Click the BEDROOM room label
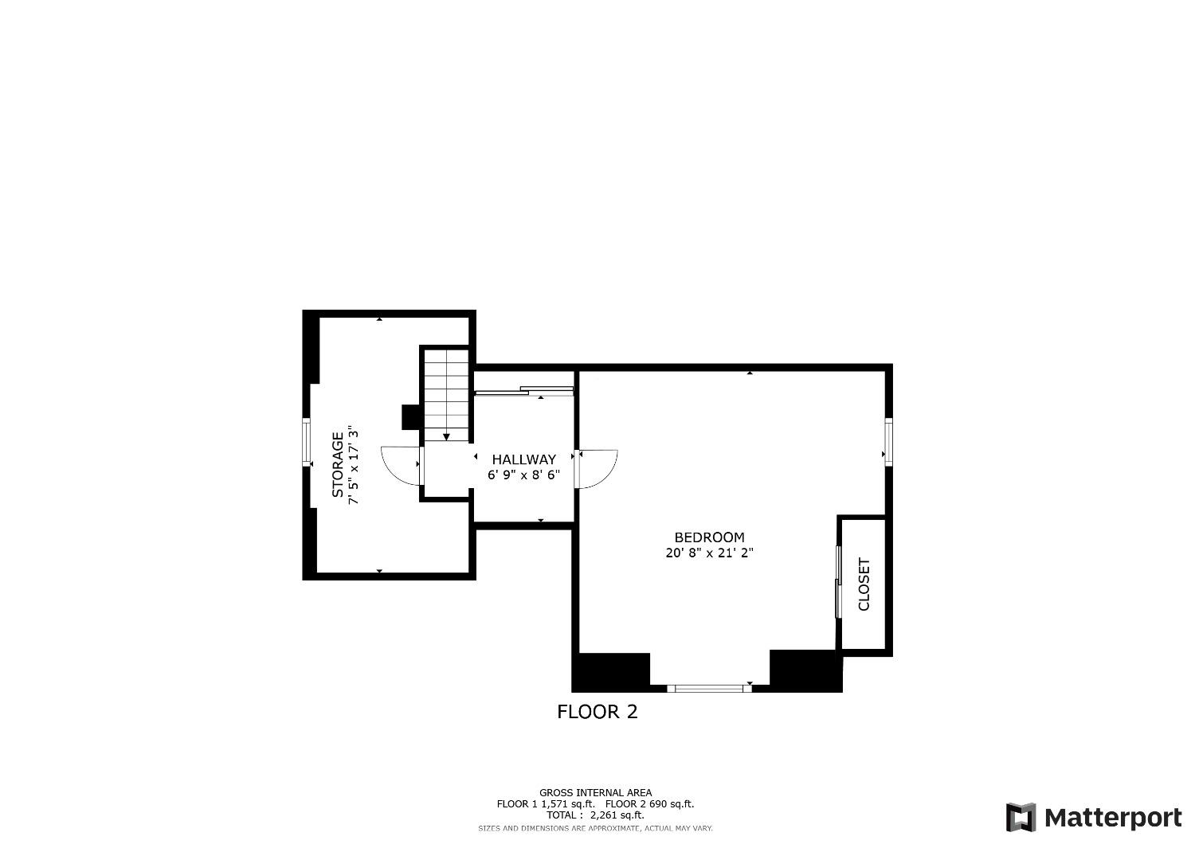click(x=709, y=537)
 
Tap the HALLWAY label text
click(x=523, y=459)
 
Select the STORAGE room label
click(x=338, y=465)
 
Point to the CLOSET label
click(x=864, y=584)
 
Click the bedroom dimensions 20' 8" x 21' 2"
click(x=709, y=553)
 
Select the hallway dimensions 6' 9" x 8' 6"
click(x=523, y=475)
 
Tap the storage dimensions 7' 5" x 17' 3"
click(x=355, y=465)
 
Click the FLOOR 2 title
click(x=597, y=712)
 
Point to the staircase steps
click(x=445, y=394)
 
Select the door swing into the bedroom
click(x=597, y=469)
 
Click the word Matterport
click(x=1113, y=818)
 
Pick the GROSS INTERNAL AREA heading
click(x=595, y=792)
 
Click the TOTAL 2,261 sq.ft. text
click(x=595, y=815)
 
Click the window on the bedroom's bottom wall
click(x=709, y=688)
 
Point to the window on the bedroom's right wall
click(x=888, y=440)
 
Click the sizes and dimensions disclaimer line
click(x=595, y=829)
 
